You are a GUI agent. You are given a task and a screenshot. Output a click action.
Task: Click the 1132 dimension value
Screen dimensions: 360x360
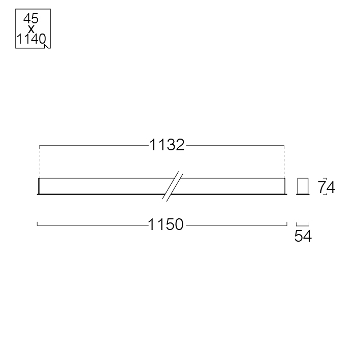click(x=167, y=145)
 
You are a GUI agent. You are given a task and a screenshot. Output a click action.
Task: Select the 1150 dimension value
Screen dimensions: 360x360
click(x=166, y=224)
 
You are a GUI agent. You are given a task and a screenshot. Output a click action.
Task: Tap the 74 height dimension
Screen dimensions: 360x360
click(x=326, y=187)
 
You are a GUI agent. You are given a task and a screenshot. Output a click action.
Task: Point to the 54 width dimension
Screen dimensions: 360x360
click(x=303, y=236)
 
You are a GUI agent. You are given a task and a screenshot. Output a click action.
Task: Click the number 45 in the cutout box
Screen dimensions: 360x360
click(x=31, y=18)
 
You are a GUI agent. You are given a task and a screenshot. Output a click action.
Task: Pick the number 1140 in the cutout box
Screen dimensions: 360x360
click(x=31, y=39)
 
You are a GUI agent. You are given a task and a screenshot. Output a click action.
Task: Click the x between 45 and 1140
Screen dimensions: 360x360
click(x=31, y=29)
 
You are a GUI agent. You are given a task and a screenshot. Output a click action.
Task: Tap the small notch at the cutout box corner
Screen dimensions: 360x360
click(x=47, y=46)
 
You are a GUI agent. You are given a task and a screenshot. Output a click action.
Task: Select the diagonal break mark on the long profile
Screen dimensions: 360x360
click(x=173, y=186)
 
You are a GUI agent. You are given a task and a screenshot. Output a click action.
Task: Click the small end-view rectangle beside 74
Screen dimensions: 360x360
click(x=303, y=186)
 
